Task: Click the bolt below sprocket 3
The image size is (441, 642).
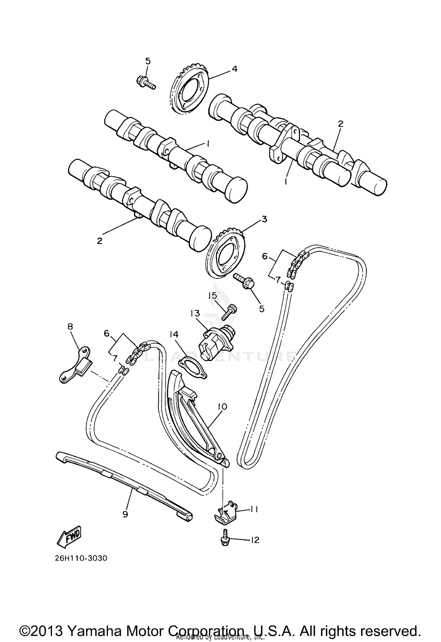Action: click(244, 281)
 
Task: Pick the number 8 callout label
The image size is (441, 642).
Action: click(70, 326)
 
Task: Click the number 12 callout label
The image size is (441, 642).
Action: click(255, 540)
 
